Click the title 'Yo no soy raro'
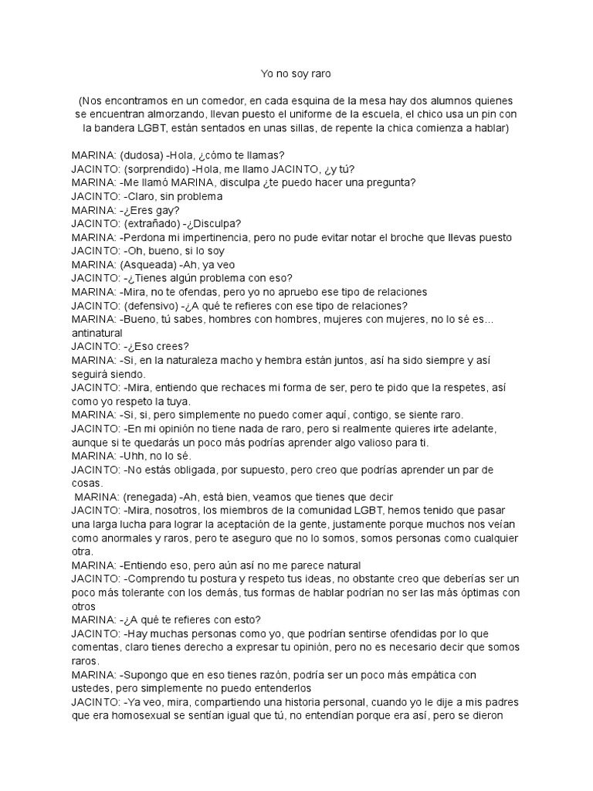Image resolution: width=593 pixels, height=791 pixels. click(x=296, y=74)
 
